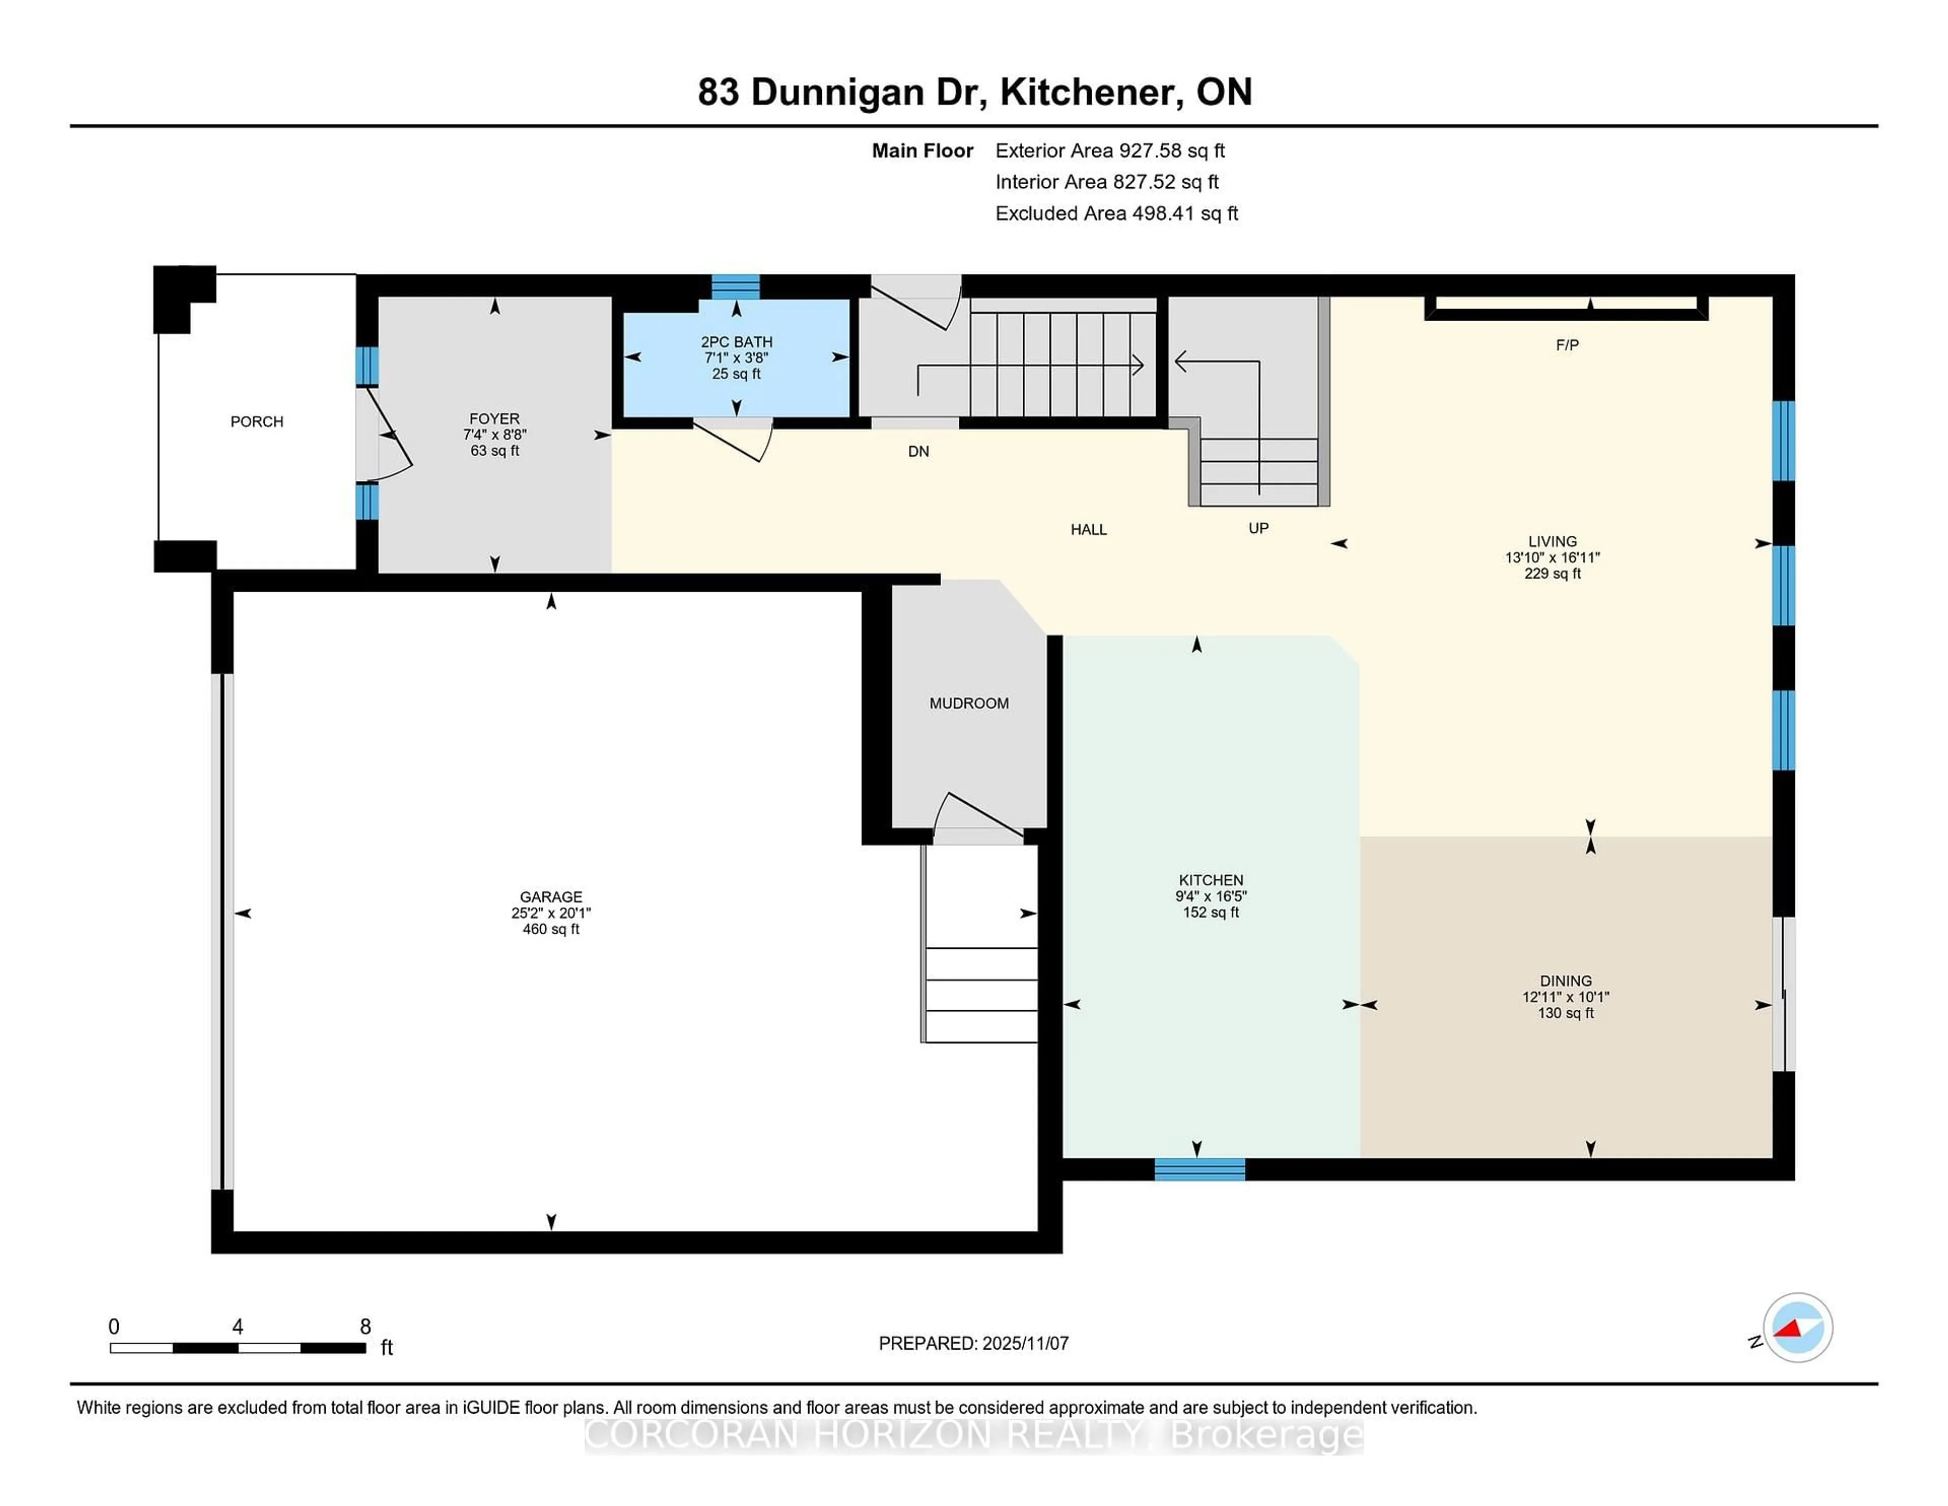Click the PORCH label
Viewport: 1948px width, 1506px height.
coord(257,421)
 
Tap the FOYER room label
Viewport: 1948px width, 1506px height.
coord(494,419)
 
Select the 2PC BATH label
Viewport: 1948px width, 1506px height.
coord(736,341)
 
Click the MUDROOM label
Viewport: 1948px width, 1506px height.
coord(968,703)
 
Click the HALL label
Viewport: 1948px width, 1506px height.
coord(1088,529)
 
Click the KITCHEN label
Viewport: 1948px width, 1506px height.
coord(1210,880)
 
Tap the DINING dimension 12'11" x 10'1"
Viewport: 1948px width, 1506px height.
coord(1566,997)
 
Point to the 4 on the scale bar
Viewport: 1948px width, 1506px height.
coord(237,1327)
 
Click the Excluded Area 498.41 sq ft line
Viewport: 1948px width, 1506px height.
coord(1116,213)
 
